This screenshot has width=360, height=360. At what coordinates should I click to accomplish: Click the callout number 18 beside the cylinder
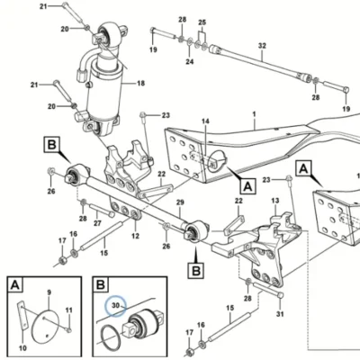pos(140,84)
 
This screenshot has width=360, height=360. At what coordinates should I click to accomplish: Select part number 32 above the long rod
pos(262,46)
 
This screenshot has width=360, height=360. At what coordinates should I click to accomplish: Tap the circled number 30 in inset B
pos(115,305)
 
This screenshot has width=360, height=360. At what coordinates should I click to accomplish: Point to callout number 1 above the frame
pos(255,114)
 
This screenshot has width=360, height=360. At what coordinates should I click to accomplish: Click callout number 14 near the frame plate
pos(205,121)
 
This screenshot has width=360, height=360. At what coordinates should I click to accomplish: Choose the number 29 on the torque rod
pos(180,202)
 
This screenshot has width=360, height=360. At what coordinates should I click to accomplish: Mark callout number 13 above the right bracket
pos(275,201)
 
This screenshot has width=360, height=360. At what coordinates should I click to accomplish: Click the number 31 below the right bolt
pos(280,314)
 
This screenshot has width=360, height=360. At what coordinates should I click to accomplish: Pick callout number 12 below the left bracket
pos(136,236)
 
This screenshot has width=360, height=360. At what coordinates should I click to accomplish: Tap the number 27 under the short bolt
pos(97,223)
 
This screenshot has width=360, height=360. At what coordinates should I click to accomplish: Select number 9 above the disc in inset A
pos(49,292)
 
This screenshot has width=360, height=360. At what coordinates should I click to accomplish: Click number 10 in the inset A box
pos(22,348)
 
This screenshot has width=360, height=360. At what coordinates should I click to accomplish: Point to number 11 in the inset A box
pos(69,310)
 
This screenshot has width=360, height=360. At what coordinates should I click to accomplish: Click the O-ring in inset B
pos(111,337)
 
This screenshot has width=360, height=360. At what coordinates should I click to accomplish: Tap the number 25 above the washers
pos(202,22)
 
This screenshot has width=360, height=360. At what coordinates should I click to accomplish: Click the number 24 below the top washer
pos(190,62)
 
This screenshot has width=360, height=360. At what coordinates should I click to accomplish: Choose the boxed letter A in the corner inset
pos(15,284)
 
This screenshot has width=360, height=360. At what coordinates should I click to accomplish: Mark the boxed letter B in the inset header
pos(101,284)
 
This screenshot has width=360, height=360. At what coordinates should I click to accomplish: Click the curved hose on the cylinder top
pos(85,61)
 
